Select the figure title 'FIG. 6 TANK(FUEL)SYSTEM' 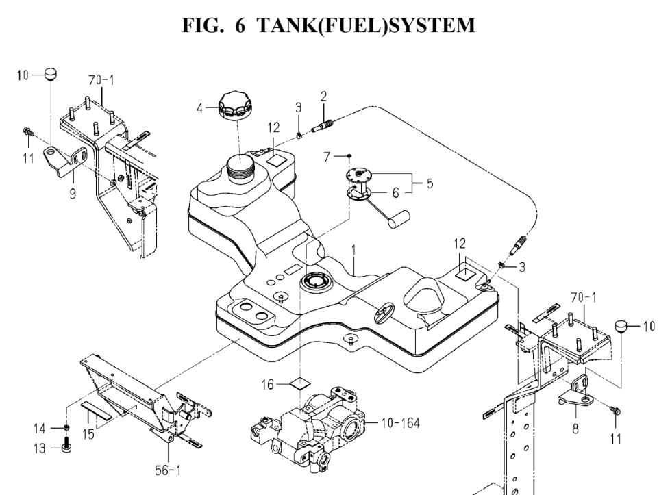pos(335,26)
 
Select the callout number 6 pos(395,193)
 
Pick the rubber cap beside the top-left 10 pos(51,72)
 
